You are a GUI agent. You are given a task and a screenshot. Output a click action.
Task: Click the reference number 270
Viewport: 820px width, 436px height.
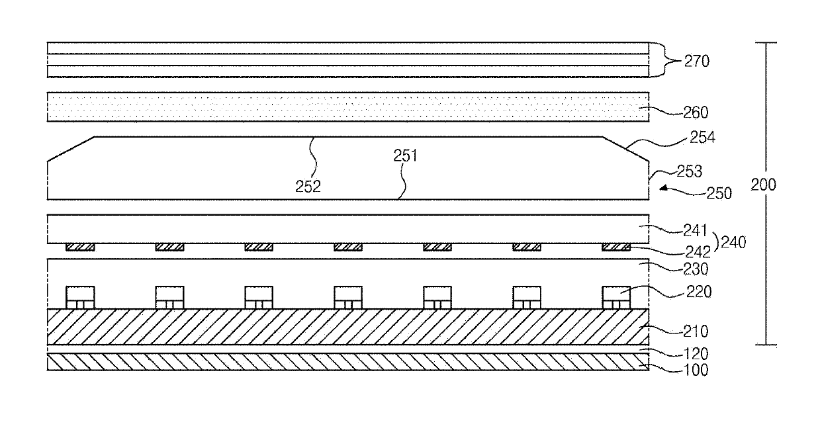tap(697, 61)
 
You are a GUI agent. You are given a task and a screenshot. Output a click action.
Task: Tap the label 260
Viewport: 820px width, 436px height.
tap(696, 112)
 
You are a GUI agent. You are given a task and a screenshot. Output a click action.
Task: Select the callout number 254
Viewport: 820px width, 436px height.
tap(702, 137)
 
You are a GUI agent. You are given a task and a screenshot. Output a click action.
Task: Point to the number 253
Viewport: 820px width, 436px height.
tap(690, 171)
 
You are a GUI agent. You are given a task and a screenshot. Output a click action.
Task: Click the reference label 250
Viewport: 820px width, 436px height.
tap(719, 193)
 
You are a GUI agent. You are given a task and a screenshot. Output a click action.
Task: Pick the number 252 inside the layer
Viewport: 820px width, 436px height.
tap(308, 187)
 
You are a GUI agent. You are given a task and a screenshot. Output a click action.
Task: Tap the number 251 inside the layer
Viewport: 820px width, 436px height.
tap(405, 156)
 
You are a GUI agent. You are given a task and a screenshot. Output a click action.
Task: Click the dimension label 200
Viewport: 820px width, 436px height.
tap(763, 185)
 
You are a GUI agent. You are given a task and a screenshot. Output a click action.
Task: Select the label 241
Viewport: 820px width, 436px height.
tap(695, 231)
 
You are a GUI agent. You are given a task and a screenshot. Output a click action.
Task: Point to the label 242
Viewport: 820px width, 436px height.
tap(698, 252)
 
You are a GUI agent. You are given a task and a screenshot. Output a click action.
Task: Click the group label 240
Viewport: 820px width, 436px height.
tap(733, 242)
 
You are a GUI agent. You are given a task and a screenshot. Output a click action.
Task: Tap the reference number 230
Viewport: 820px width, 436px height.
tap(696, 269)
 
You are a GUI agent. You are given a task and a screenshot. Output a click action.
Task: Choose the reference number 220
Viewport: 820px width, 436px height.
tap(699, 292)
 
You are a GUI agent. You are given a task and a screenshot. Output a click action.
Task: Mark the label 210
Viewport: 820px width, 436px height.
tap(696, 331)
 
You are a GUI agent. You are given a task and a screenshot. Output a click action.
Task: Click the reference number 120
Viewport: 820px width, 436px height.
tap(696, 354)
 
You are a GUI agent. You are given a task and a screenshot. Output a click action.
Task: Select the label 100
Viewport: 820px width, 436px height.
tap(696, 371)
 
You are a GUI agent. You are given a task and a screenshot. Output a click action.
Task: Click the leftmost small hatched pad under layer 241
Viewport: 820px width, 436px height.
tap(80, 247)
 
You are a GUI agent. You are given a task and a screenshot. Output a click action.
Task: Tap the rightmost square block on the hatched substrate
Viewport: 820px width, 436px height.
tap(616, 298)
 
